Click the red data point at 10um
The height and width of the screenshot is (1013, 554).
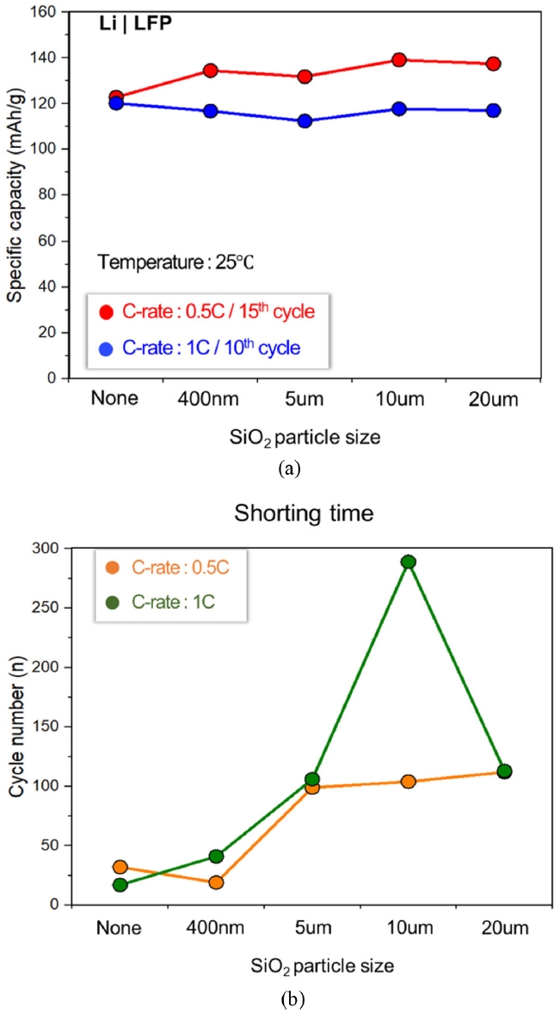(x=398, y=60)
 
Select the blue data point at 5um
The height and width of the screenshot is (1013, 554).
(x=305, y=121)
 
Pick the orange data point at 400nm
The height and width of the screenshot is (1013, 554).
(x=216, y=882)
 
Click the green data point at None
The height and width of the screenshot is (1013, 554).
(x=120, y=885)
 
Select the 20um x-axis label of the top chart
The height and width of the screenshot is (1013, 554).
(x=492, y=400)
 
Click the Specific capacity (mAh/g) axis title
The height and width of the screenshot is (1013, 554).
(x=16, y=194)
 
